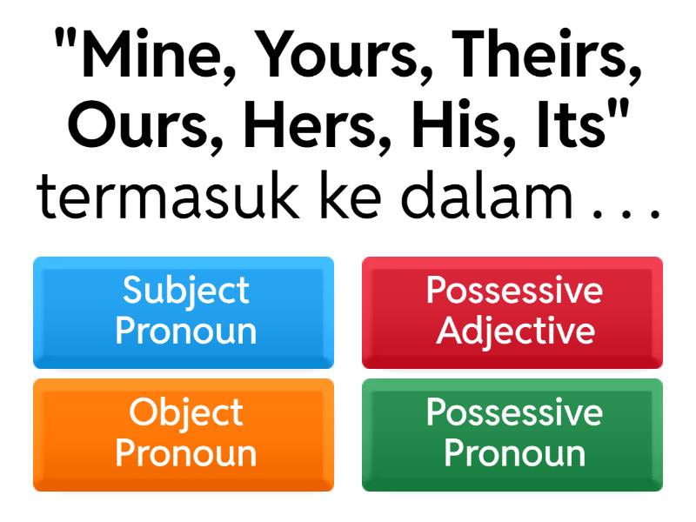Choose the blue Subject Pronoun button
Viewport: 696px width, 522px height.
184,312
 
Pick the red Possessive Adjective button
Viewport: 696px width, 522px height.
512,312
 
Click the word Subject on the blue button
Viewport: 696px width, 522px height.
185,291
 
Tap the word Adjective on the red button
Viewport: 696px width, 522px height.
515,331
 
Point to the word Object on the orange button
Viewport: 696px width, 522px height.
185,413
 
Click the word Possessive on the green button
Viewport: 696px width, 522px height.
513,413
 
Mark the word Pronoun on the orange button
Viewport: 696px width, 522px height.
185,453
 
